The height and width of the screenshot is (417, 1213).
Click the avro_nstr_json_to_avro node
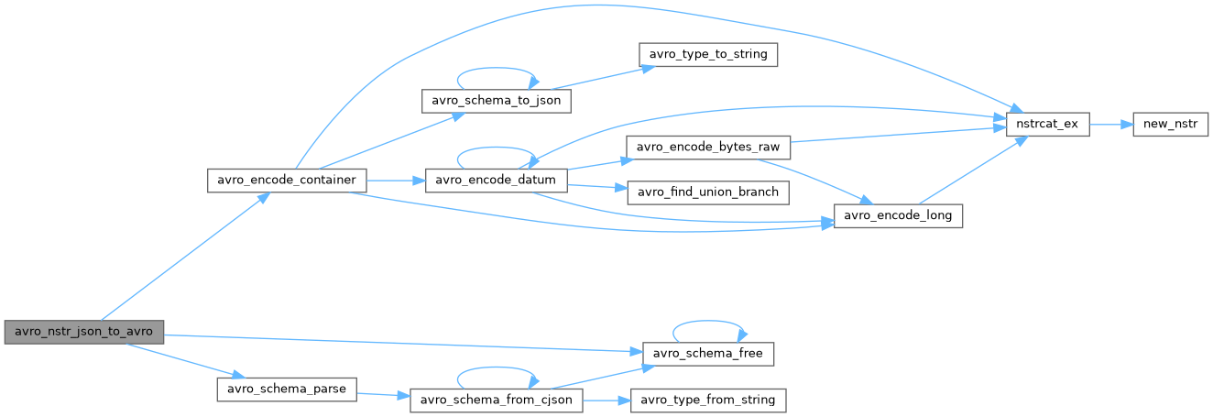tap(84, 332)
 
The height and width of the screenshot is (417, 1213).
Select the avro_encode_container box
tap(287, 181)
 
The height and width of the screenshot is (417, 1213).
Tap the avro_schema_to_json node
tap(496, 101)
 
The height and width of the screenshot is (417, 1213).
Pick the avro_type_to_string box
tap(708, 55)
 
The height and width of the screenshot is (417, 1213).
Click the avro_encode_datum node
tap(496, 181)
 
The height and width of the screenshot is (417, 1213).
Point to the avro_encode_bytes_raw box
tap(706, 147)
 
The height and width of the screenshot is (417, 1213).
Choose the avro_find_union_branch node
tap(706, 192)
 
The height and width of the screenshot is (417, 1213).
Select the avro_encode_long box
tap(898, 216)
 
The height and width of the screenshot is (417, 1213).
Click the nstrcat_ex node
tap(1047, 125)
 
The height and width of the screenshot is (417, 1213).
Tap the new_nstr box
tap(1165, 125)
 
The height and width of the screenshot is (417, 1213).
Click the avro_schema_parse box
tap(286, 389)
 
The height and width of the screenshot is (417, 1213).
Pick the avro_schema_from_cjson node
tap(496, 401)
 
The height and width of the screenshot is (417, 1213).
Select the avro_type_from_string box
tap(706, 401)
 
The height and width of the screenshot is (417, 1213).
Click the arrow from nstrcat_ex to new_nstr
tap(1110, 125)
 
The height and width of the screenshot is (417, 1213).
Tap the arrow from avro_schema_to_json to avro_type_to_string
tap(605, 77)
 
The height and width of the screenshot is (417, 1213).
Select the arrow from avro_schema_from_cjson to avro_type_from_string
tap(604, 401)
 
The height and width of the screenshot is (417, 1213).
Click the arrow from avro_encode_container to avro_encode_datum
tap(396, 181)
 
